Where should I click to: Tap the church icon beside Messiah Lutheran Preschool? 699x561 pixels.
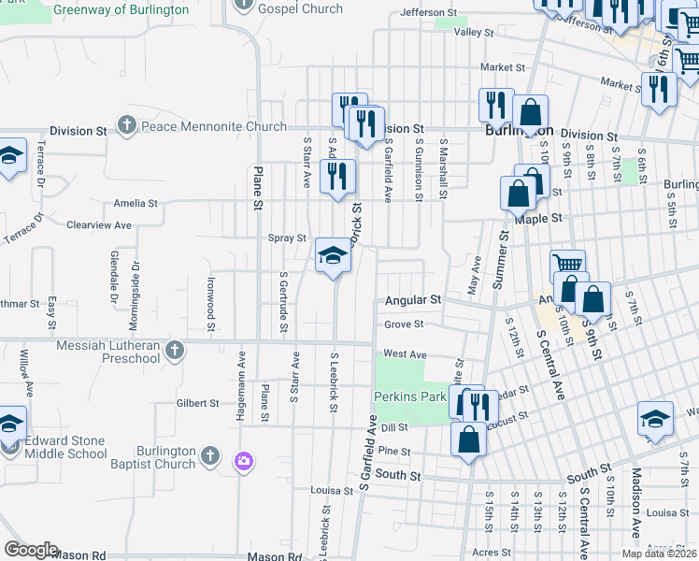173,350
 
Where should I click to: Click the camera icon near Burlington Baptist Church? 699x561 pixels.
244,460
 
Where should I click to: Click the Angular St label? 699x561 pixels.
413,300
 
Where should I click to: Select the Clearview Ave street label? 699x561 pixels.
98,225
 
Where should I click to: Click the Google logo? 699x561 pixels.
31,550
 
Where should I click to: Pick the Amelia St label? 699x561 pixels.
135,203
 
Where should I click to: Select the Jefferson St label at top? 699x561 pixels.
428,14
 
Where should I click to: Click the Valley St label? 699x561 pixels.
473,32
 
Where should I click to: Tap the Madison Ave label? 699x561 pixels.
636,502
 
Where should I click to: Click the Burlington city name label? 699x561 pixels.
520,131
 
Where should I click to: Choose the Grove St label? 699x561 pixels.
404,324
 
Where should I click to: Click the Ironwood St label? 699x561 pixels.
211,303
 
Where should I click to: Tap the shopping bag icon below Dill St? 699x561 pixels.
468,439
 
